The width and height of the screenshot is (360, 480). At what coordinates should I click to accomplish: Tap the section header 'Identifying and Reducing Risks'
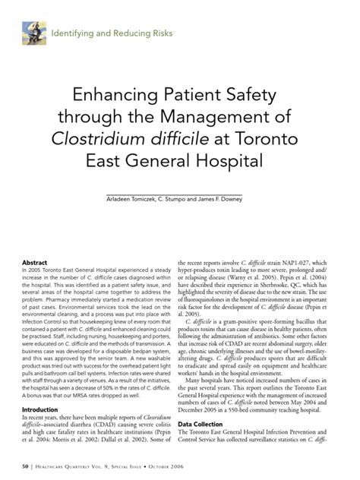pyautogui.click(x=112, y=33)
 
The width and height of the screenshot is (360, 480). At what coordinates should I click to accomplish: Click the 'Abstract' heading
pyautogui.click(x=36, y=262)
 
